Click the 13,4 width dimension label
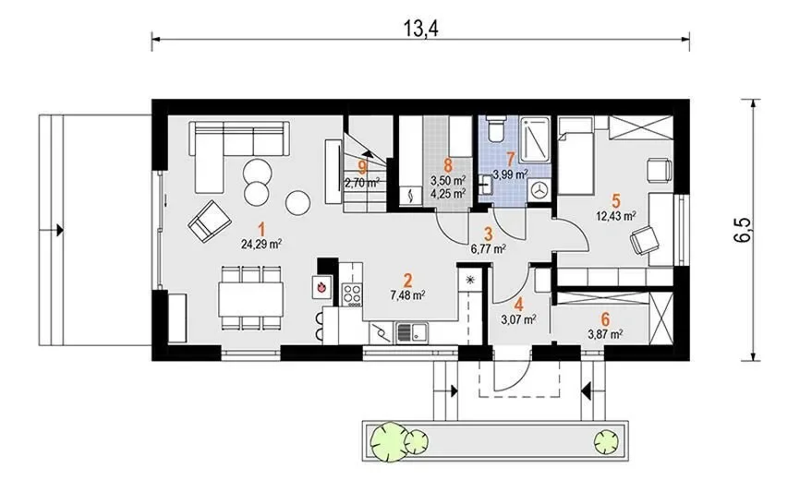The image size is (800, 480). click(x=421, y=29)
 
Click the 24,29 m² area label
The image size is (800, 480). click(x=261, y=245)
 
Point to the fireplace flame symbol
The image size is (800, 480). click(x=321, y=287)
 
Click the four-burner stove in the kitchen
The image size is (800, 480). click(x=352, y=294)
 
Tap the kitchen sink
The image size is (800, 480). click(x=412, y=333)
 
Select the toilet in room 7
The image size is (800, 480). click(x=495, y=128)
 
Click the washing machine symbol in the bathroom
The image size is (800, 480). click(x=539, y=189)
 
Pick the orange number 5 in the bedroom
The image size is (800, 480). click(x=616, y=200)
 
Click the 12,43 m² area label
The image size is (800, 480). click(x=616, y=216)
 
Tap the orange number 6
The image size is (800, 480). click(x=605, y=320)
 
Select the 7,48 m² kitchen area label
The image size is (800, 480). click(x=408, y=295)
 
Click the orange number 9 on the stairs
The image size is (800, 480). click(x=363, y=166)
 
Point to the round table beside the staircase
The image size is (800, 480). click(x=298, y=203)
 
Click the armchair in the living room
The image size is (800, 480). click(x=209, y=222)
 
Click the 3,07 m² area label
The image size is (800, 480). click(x=519, y=320)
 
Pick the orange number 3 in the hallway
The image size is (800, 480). click(x=489, y=234)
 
